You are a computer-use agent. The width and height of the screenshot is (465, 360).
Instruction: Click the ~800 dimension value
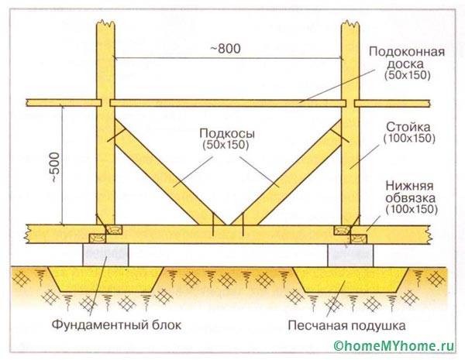(227, 48)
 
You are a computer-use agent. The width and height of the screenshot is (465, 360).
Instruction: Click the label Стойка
(408, 127)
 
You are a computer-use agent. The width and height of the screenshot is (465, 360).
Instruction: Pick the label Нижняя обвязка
(410, 192)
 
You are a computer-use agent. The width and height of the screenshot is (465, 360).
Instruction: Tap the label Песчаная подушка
(349, 324)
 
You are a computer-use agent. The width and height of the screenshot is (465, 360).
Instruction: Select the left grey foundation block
(106, 253)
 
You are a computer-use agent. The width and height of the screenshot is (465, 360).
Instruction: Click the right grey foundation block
(350, 253)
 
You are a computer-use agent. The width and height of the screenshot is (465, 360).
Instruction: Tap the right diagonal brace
(291, 175)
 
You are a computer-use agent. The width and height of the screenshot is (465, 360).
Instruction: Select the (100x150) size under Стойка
(408, 139)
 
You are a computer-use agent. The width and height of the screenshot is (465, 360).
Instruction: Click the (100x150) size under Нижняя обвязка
(410, 210)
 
